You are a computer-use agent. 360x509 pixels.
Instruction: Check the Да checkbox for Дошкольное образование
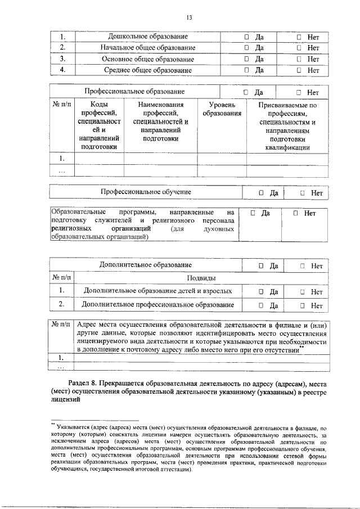click(x=246, y=37)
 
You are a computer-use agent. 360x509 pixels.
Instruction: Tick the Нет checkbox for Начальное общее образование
click(x=299, y=48)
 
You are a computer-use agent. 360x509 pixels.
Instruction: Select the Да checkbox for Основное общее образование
click(x=246, y=59)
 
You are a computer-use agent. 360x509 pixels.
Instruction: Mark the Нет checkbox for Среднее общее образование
click(x=299, y=70)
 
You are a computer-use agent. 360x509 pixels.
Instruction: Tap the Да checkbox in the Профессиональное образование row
click(x=246, y=92)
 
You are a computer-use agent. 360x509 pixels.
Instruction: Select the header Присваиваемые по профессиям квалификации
click(x=287, y=126)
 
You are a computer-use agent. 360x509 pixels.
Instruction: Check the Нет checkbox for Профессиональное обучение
click(x=303, y=193)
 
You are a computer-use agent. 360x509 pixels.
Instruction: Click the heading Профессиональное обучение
click(x=146, y=192)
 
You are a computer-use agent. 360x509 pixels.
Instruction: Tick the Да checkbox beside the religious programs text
click(x=253, y=214)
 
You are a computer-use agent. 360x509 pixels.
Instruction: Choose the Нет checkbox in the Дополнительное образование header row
click(x=303, y=265)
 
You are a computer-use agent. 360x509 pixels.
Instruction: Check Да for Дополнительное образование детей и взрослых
click(x=262, y=292)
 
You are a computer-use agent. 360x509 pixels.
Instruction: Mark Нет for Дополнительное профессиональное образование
click(x=303, y=305)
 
